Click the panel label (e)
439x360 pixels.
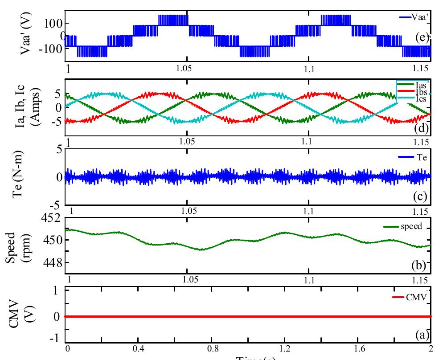pyautogui.click(x=421, y=38)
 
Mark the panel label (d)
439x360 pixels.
pyautogui.click(x=421, y=130)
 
